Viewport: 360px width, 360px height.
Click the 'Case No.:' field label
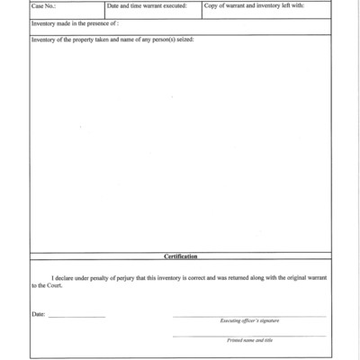(x=44, y=6)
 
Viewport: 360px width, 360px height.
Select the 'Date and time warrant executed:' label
(x=147, y=6)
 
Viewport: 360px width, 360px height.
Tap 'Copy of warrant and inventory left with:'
(x=254, y=6)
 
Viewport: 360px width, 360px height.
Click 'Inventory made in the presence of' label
(x=75, y=23)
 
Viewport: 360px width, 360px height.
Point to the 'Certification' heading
(x=180, y=256)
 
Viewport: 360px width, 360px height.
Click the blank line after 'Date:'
(x=76, y=317)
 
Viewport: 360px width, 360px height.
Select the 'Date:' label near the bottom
(x=38, y=314)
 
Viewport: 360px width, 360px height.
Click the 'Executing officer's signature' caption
(x=249, y=321)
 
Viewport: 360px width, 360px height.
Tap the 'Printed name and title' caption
(x=249, y=340)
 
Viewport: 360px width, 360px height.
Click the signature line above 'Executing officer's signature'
(x=249, y=316)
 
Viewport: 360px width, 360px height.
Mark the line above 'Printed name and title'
(x=249, y=336)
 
